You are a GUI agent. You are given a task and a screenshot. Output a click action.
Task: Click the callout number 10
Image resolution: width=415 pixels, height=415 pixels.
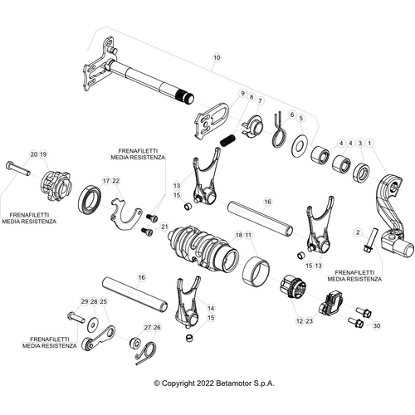click(217, 57)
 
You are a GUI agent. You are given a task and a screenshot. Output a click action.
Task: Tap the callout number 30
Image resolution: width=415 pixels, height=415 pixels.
click(377, 325)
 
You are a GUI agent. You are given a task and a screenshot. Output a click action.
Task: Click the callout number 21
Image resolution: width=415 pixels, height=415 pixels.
click(165, 226)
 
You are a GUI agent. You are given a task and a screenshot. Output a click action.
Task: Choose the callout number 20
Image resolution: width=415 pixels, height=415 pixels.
click(33, 154)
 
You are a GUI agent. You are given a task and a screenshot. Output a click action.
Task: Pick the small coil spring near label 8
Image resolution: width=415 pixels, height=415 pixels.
click(228, 129)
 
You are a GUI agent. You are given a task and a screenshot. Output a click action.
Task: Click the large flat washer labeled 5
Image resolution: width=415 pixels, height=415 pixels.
click(300, 144)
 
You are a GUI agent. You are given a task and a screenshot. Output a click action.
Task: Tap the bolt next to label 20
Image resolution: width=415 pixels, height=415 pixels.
click(17, 170)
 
